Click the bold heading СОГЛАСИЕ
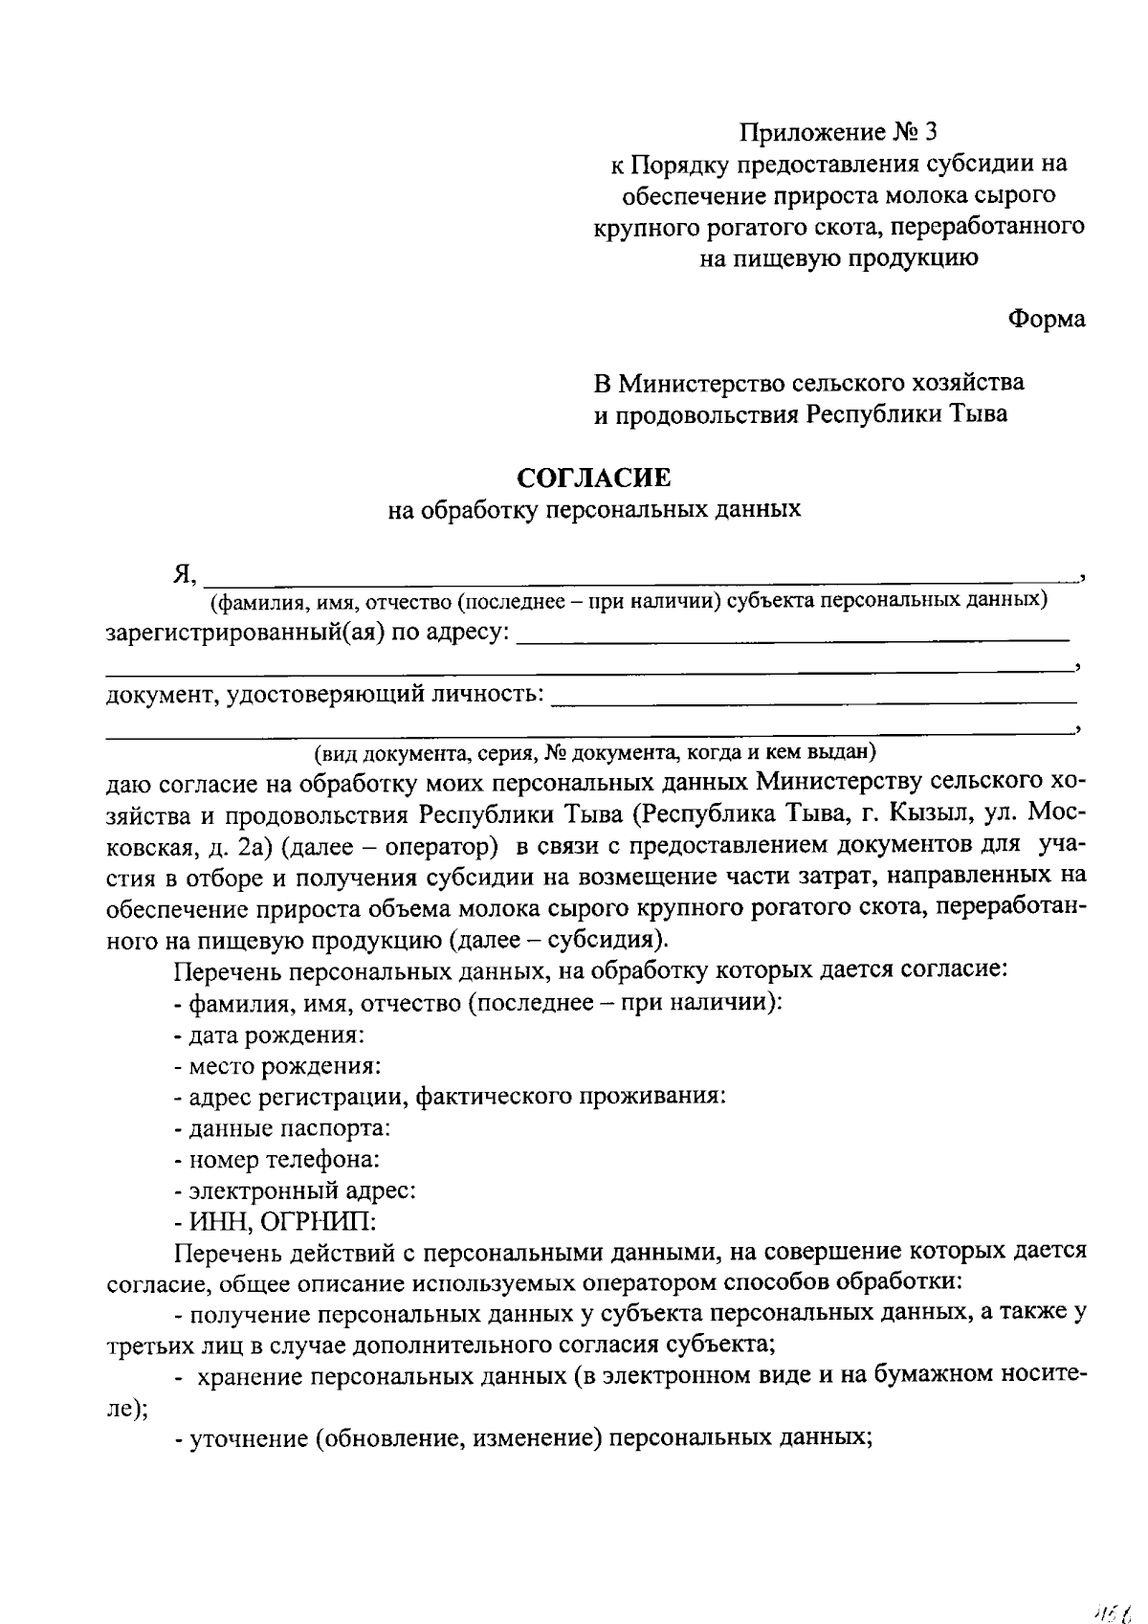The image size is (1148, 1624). click(x=594, y=476)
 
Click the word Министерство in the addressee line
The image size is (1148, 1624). click(x=701, y=383)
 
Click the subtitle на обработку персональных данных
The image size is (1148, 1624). click(x=593, y=510)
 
